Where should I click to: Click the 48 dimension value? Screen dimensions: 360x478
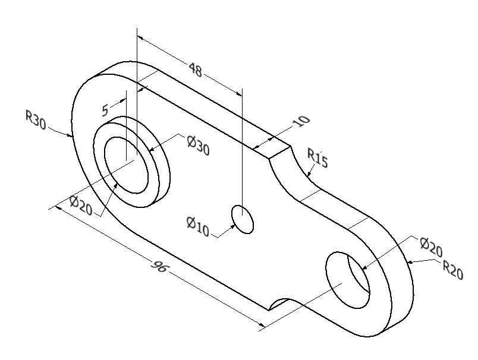click(196, 70)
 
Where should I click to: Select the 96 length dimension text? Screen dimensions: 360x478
click(159, 267)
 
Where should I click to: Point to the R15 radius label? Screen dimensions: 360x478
click(317, 159)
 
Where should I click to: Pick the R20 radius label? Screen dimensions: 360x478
click(453, 270)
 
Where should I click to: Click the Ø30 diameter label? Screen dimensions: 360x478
click(198, 146)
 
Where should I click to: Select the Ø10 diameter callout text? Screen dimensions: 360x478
click(197, 226)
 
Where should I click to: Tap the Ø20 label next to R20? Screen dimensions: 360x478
click(431, 246)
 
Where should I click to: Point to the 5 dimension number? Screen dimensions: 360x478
click(105, 110)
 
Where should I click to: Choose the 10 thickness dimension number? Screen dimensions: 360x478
click(302, 121)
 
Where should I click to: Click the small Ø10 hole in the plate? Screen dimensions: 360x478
click(243, 219)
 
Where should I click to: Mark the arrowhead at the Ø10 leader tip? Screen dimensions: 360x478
click(233, 226)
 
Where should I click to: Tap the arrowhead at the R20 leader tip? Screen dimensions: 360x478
click(410, 262)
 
